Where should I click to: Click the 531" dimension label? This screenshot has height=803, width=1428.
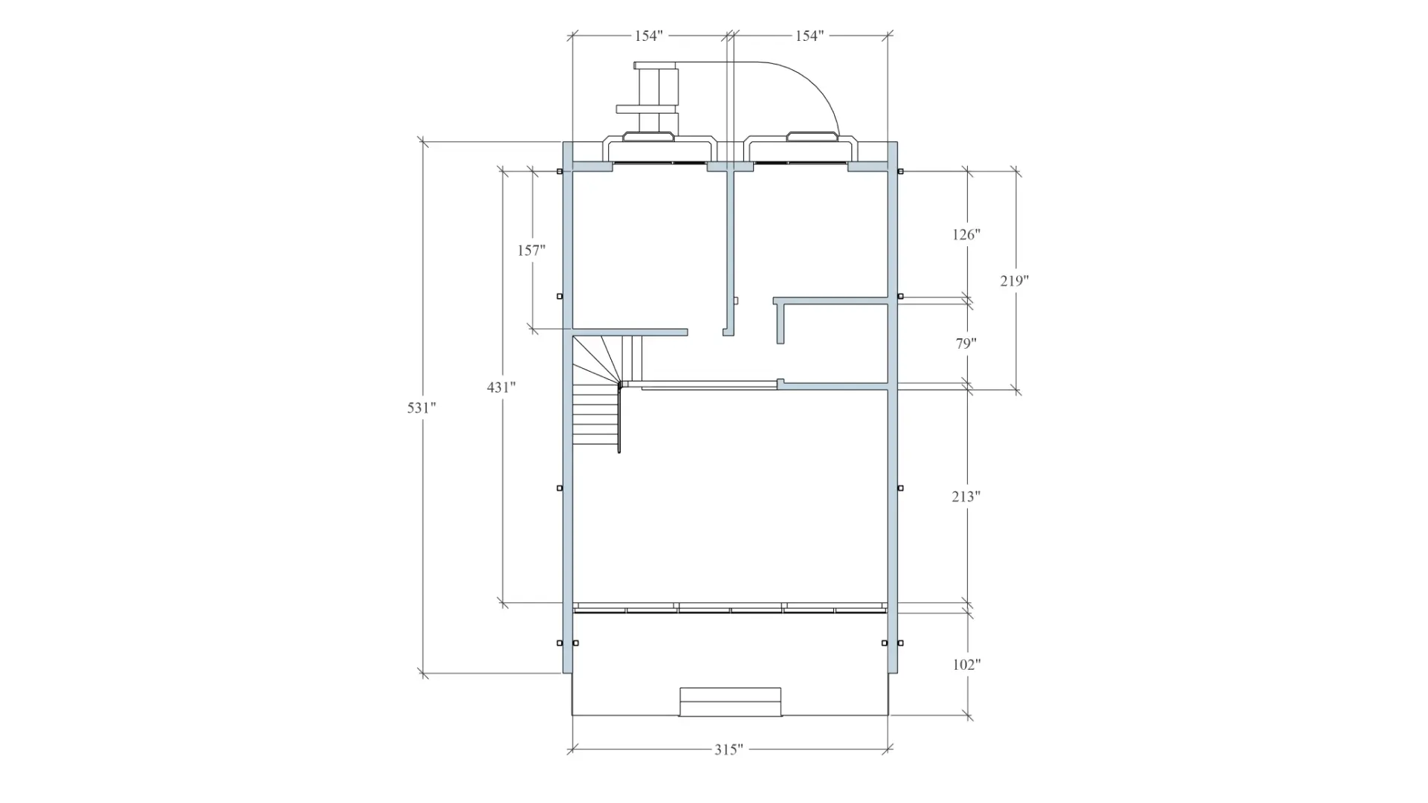tap(421, 407)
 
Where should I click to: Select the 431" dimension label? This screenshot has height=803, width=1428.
tap(501, 387)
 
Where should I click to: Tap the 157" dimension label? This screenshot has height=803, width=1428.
tap(532, 251)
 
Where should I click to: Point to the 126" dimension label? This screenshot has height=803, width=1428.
tap(966, 235)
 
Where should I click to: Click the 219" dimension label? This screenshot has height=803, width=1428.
tap(1014, 281)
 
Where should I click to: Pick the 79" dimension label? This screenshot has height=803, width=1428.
tap(966, 344)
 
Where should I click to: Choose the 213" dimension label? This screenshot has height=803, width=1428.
tap(966, 497)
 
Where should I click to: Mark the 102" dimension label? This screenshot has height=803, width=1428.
tap(966, 665)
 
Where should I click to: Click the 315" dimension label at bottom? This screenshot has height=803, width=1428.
tap(728, 749)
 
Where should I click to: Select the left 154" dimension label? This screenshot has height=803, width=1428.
tap(648, 36)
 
